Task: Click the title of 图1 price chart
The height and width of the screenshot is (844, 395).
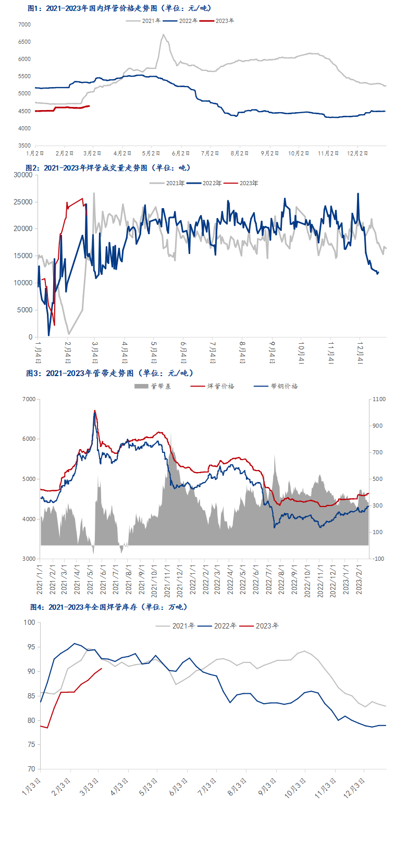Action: [119, 8]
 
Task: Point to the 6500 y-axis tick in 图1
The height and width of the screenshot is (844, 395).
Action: [24, 42]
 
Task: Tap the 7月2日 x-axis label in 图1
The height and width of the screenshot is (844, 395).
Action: [210, 153]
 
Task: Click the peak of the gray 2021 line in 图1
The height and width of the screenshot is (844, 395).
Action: [163, 35]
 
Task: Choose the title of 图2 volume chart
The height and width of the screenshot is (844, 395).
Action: [108, 167]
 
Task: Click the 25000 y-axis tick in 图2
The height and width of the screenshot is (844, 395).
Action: [22, 202]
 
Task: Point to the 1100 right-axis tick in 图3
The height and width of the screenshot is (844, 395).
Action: [379, 399]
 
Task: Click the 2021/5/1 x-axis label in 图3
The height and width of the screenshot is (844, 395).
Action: [90, 580]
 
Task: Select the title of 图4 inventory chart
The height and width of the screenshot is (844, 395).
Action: [108, 607]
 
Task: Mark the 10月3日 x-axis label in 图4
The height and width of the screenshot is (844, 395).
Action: [295, 788]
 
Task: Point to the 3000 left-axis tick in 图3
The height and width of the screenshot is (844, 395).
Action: [29, 559]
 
